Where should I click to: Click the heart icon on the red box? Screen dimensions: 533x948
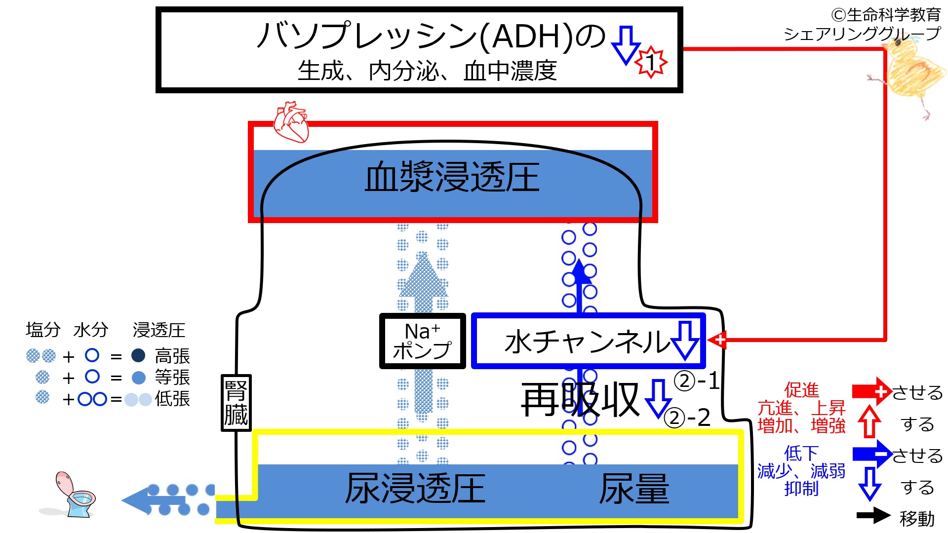point(291,121)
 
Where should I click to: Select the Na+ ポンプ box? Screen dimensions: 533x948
point(422,341)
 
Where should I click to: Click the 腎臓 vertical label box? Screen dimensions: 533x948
point(236,403)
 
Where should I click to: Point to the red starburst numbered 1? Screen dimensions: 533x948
point(651,62)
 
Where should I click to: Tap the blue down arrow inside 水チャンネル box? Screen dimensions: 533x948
point(685,340)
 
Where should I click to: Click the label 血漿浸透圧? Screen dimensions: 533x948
point(452,177)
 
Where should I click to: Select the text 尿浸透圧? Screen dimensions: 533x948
point(415,489)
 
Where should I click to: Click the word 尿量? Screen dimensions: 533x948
point(634,489)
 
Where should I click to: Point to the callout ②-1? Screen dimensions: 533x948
point(696,381)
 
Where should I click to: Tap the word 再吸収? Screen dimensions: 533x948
point(580,400)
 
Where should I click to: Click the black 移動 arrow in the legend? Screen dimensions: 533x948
point(873,516)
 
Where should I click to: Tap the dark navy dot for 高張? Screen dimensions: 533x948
point(138,355)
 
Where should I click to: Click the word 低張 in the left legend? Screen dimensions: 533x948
point(172,399)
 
